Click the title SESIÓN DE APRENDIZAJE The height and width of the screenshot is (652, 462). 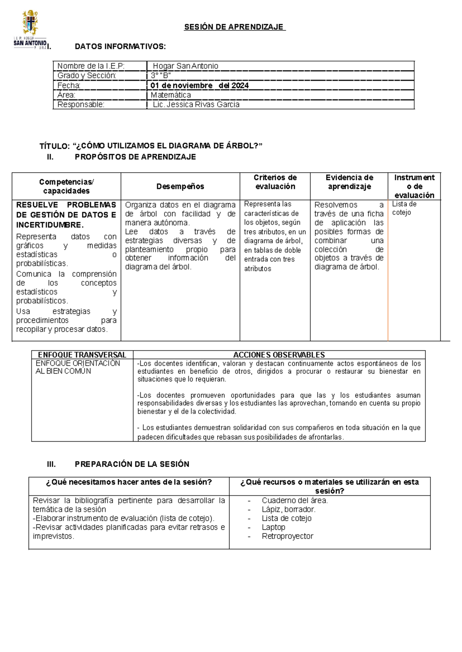pos(234,27)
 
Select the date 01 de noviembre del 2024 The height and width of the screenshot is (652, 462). pos(199,85)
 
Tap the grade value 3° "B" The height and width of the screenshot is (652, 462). pos(161,76)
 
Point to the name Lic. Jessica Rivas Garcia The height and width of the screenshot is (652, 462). pos(196,105)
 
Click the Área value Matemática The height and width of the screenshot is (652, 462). pos(171,95)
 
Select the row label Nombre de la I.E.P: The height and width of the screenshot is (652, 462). pos(91,66)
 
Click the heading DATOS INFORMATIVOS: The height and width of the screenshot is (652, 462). pos(120,47)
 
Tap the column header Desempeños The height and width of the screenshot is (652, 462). pos(180,186)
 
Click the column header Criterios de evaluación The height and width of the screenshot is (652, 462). pos(275,182)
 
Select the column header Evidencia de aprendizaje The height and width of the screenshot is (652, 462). pos(349,182)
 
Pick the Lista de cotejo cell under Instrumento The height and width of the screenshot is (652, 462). pos(404,208)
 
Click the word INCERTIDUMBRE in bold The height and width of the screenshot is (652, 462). pos(50,225)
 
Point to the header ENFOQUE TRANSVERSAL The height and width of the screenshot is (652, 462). pos(82,355)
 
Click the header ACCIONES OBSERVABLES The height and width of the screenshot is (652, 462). pos(279,355)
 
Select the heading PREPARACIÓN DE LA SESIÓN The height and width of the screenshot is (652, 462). pos(132,464)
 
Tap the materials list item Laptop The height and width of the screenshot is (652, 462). pos(273,527)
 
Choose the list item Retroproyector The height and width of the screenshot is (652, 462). pos(287,536)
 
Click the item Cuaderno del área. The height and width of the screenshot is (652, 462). pos(295,500)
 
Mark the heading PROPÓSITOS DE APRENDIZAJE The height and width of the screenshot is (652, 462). pos(135,157)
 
